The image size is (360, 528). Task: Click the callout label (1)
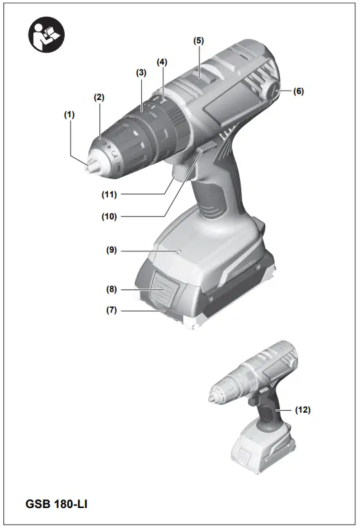point(69,115)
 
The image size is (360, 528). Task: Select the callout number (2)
point(99,97)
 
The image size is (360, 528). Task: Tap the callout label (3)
point(141,72)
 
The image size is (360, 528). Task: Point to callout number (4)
point(162,61)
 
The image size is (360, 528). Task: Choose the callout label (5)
point(199,40)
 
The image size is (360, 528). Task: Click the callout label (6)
point(298,91)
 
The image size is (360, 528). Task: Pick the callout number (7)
point(111,311)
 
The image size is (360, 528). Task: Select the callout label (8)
point(111,290)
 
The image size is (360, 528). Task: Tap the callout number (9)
point(111,250)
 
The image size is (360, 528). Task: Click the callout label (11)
point(109,195)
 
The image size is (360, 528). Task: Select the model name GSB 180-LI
point(57,503)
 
